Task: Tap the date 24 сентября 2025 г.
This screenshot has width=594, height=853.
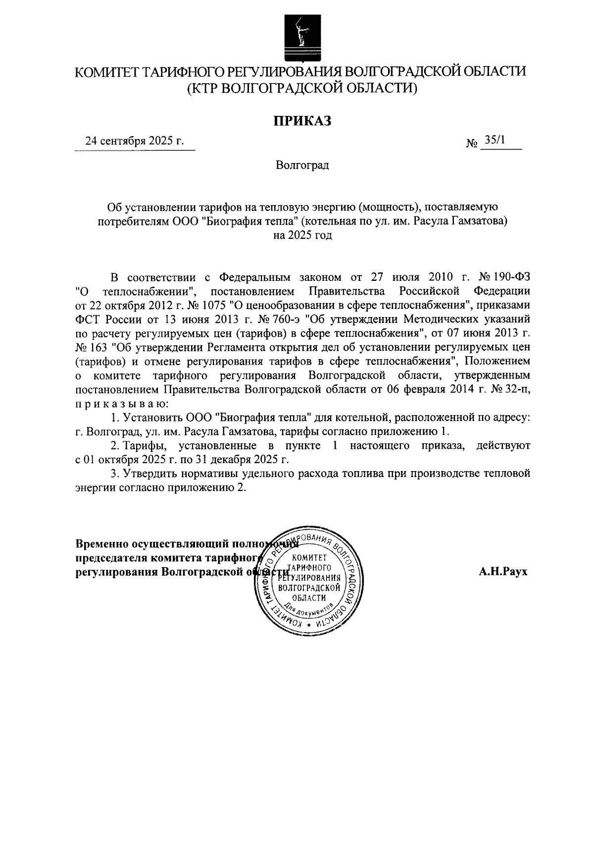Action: click(x=134, y=141)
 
